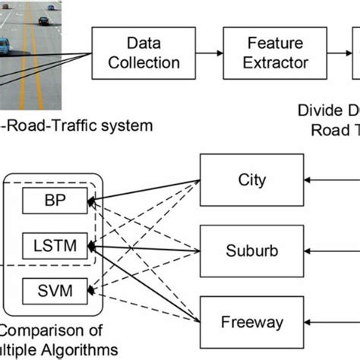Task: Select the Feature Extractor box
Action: (270, 53)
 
